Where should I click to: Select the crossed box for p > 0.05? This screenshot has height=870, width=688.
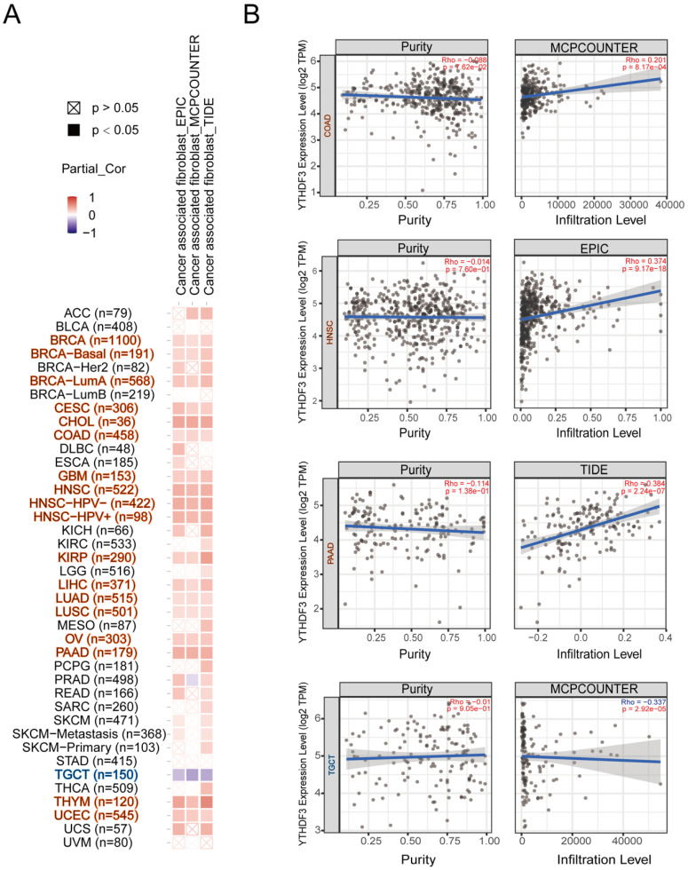pyautogui.click(x=73, y=107)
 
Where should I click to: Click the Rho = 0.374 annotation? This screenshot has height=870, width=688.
pyautogui.click(x=637, y=263)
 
